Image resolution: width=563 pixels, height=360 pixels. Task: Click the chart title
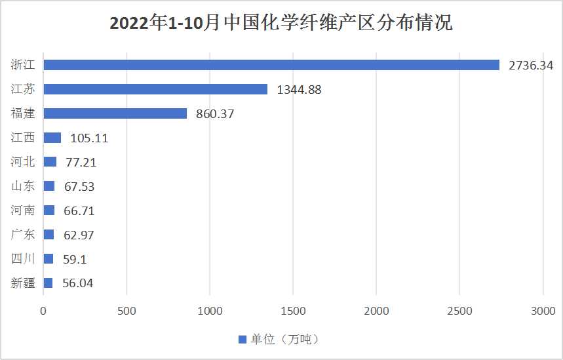coord(281,24)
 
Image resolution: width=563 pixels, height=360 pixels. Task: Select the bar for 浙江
coord(271,65)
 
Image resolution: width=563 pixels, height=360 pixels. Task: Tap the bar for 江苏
coord(155,89)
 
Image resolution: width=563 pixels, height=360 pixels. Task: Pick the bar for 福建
coord(115,113)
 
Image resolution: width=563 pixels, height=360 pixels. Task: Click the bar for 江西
coord(52,138)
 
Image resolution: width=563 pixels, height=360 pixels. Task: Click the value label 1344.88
coord(299,89)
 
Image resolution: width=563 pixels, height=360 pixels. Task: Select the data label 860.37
coord(215,113)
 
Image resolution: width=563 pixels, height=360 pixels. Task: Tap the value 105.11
coord(88,138)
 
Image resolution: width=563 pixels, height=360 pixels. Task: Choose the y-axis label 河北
coord(24,162)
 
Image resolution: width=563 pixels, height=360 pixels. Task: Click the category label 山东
coord(24,186)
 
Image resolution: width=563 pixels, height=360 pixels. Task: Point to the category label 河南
coord(24,210)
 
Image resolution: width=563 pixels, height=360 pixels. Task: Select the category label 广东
coord(24,235)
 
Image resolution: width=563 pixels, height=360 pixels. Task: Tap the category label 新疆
coord(24,283)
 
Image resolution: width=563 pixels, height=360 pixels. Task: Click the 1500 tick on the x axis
coord(293,311)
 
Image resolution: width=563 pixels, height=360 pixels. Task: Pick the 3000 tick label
coord(543,311)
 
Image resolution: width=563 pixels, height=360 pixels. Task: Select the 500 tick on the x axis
coord(126,311)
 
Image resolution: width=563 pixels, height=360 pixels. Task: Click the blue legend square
coord(242,340)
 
